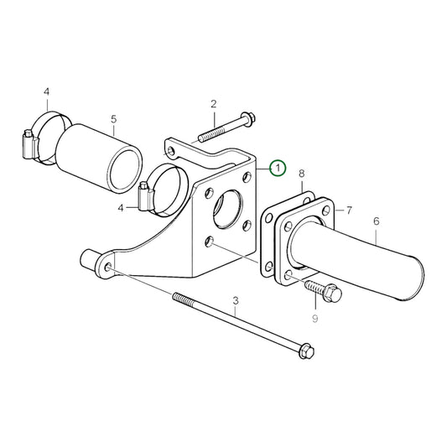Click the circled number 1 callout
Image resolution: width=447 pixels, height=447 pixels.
278,169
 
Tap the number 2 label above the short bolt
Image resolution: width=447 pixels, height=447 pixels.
213,104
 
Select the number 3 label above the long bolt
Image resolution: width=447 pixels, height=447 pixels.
236,300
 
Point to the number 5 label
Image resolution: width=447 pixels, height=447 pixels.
115,119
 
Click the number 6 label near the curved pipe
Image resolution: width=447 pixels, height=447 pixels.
376,221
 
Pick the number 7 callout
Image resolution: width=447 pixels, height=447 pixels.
349,209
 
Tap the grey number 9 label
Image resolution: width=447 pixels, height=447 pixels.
315,319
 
